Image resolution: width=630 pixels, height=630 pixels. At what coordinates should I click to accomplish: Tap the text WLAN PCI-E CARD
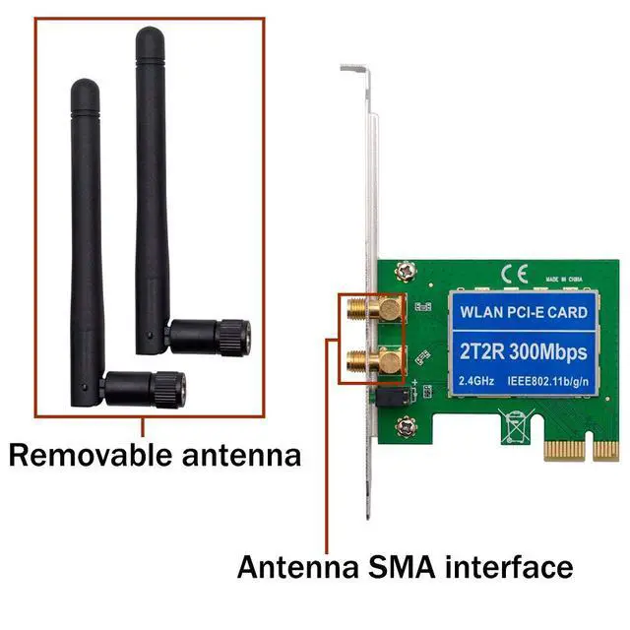[524, 313]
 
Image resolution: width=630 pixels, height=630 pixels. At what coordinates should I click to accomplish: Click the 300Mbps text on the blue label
[546, 350]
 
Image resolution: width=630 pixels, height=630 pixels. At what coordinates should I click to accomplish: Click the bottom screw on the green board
[405, 427]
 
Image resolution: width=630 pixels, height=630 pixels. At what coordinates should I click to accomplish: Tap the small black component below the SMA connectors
[389, 398]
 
